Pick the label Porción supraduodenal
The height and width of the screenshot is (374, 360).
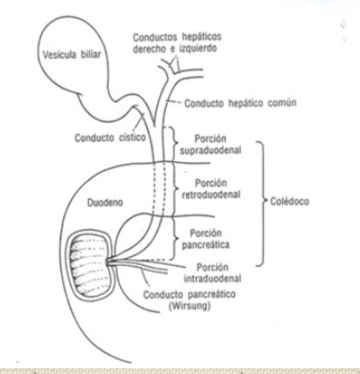(x=211, y=144)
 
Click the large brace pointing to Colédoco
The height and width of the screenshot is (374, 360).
(x=261, y=203)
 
